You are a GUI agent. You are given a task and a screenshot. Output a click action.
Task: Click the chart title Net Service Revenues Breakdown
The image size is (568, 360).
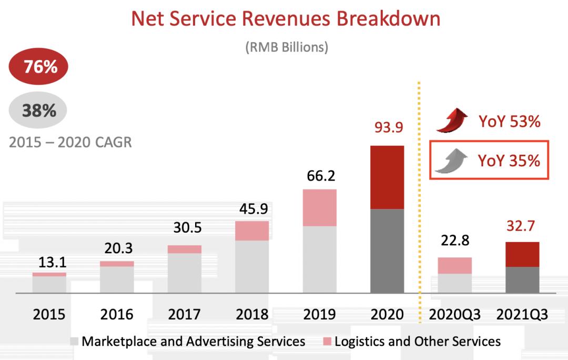point(286,19)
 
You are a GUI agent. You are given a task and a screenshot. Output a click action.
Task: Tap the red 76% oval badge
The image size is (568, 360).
point(39,67)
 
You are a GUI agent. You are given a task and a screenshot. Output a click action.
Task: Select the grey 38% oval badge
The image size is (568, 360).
point(39,111)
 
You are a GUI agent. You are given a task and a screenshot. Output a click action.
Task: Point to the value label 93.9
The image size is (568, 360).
point(389,127)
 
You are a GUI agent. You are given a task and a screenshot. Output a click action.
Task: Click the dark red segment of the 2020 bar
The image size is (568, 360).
point(387,177)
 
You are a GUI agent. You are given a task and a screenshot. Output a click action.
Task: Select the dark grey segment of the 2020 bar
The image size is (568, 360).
point(387,251)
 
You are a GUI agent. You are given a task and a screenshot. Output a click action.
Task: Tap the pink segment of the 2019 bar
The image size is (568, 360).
point(320,207)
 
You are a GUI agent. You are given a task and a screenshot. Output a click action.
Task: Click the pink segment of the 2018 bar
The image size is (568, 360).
point(251,231)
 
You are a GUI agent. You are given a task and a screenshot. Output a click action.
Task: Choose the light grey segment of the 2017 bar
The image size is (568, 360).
point(184,273)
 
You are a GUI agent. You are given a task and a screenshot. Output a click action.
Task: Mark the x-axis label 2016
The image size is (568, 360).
point(116,315)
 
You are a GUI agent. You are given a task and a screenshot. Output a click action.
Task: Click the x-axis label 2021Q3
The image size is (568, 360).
point(522,315)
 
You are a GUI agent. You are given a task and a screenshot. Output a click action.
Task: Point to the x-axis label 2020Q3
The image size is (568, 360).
point(455,315)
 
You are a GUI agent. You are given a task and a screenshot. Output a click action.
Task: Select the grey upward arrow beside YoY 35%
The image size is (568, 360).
point(452,161)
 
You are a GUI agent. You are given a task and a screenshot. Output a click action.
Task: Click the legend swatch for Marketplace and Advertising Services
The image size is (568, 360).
point(74,342)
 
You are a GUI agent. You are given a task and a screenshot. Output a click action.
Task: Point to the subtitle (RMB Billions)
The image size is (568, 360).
point(287,47)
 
